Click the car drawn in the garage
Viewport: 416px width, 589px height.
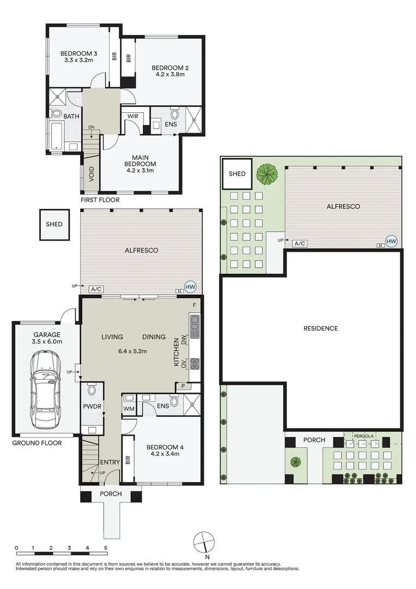tap(45, 390)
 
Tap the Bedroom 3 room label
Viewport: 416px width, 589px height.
tap(79, 53)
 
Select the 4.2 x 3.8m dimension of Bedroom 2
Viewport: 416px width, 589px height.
tap(170, 74)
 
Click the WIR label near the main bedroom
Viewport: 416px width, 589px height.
tap(133, 117)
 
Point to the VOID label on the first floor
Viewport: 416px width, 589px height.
tap(92, 175)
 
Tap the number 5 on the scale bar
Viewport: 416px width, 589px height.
tap(106, 548)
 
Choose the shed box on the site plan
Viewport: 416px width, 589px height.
tap(237, 173)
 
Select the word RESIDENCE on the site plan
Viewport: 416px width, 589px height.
tap(321, 328)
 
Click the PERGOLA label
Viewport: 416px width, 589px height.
tap(364, 436)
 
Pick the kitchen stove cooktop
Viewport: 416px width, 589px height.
tap(195, 364)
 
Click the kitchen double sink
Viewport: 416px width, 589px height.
tap(195, 327)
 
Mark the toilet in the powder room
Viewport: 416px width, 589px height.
tap(91, 390)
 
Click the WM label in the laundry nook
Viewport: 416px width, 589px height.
tap(129, 408)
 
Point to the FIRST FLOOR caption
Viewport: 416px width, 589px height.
tap(100, 200)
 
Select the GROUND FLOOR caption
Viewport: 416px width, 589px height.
tap(37, 443)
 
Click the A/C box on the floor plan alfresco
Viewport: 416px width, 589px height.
tap(96, 289)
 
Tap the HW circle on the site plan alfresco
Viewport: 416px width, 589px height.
tap(391, 242)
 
